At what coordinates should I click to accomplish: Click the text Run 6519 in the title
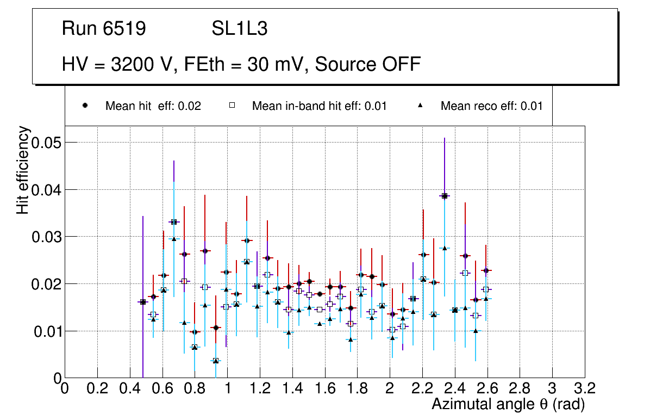(104, 29)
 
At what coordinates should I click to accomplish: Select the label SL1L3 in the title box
(239, 29)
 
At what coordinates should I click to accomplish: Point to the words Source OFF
(368, 64)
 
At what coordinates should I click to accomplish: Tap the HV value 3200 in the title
(134, 64)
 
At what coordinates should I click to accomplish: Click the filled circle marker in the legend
(85, 106)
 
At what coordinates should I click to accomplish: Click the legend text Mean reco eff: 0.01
(491, 106)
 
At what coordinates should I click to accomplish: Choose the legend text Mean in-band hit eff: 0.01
(319, 106)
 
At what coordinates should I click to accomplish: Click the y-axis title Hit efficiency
(23, 170)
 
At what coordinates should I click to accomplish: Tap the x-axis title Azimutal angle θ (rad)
(508, 404)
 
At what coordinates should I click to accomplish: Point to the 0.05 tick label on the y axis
(46, 143)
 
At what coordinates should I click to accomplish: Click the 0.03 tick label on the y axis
(46, 237)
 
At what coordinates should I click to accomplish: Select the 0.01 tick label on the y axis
(46, 331)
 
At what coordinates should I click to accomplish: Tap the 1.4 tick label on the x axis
(292, 388)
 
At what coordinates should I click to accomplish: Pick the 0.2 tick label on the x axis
(97, 388)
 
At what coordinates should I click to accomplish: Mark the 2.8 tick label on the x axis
(520, 388)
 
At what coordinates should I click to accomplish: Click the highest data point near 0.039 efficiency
(445, 196)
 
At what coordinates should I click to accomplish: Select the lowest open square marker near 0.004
(216, 360)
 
